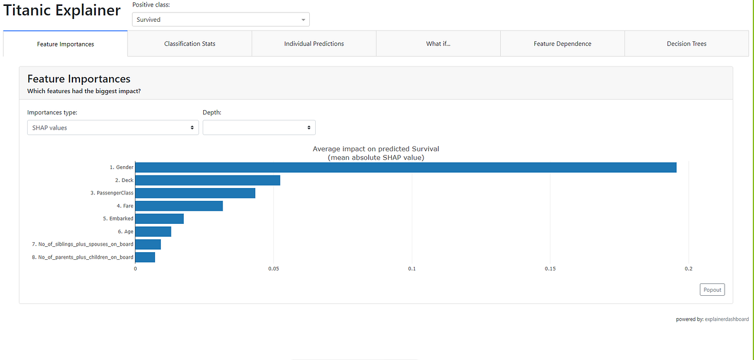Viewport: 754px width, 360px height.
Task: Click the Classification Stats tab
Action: coord(190,44)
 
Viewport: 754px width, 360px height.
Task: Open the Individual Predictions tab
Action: coord(314,44)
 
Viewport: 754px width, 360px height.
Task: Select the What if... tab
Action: coord(438,44)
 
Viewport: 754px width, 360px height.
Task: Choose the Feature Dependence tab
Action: coord(562,44)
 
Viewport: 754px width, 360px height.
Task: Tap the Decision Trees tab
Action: coord(686,44)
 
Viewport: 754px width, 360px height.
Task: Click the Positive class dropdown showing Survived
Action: coord(221,19)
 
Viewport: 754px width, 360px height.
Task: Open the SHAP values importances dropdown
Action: coord(113,128)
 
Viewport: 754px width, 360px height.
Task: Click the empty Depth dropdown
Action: coord(259,128)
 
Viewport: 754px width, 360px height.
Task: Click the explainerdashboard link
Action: coord(726,319)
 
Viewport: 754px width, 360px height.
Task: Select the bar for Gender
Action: coord(405,167)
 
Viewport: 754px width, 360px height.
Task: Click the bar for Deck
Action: coord(207,180)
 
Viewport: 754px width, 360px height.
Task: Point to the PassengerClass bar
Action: coord(195,193)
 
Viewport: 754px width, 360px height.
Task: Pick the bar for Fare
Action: coord(179,206)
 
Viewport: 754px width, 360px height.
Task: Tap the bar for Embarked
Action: coord(159,219)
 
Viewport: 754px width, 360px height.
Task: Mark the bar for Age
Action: coord(153,232)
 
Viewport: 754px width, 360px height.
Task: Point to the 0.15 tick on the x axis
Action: coord(550,269)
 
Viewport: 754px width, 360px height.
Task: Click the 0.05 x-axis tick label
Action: coord(273,269)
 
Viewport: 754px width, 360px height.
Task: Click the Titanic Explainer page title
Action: coord(62,11)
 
